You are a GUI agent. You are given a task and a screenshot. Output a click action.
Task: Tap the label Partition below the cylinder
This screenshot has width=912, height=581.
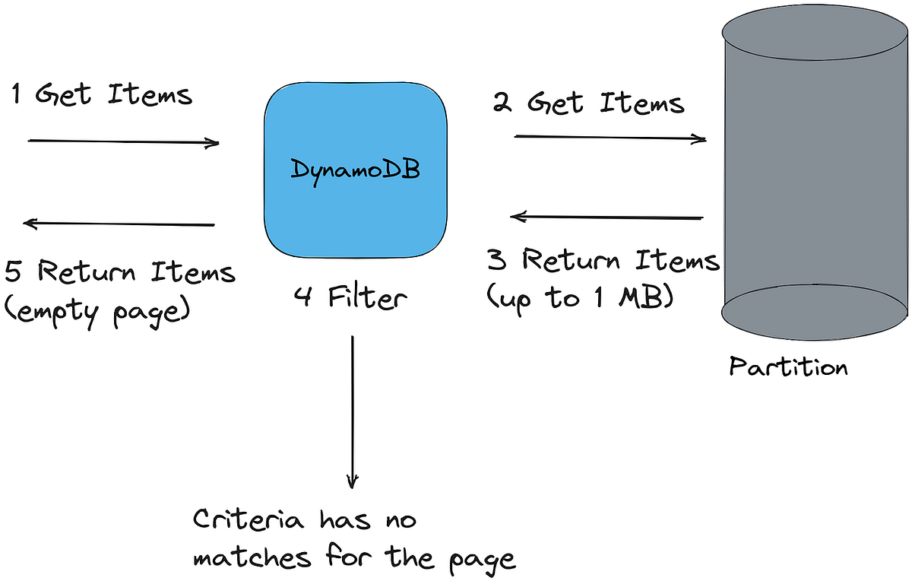[788, 367]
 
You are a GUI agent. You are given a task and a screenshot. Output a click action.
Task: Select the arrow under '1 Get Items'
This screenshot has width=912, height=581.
[124, 142]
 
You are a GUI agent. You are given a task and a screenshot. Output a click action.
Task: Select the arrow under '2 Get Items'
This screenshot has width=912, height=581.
[610, 138]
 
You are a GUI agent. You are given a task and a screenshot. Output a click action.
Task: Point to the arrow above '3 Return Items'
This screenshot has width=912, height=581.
[606, 217]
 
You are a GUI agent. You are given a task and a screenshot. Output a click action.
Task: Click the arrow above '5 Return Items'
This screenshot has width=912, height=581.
[119, 224]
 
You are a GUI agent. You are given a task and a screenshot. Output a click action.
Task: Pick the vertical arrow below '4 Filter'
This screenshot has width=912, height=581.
[352, 411]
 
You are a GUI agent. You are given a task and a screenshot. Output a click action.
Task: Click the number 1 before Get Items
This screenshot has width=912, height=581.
[17, 95]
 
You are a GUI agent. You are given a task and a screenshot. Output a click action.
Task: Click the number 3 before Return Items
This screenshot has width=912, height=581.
[497, 261]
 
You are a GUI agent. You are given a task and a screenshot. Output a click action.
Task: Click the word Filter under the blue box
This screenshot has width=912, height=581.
[367, 297]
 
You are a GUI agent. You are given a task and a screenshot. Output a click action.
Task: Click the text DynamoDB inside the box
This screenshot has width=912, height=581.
[355, 169]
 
